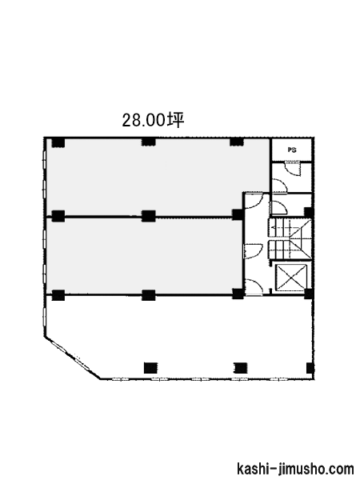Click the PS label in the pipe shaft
[292, 150]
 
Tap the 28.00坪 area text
[153, 120]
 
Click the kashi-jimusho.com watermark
[295, 469]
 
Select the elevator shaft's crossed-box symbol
[291, 277]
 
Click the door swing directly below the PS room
[293, 169]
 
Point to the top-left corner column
[58, 142]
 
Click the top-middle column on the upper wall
[149, 142]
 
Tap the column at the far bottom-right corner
[310, 368]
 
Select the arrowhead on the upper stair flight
[273, 227]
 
